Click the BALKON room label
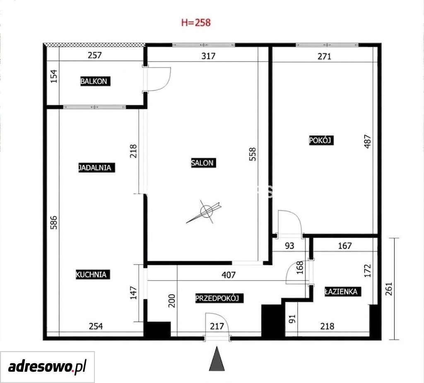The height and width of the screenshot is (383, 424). [x=96, y=81]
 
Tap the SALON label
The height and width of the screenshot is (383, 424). [x=203, y=163]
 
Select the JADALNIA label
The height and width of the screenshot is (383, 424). [x=96, y=167]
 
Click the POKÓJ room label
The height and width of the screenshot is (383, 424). [x=321, y=140]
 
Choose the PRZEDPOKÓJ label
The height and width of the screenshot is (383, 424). [x=219, y=298]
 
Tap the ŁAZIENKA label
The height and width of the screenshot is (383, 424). [x=342, y=291]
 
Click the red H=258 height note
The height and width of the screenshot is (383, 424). [x=196, y=22]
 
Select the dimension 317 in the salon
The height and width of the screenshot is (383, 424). [x=209, y=56]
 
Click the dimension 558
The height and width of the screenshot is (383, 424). [x=252, y=154]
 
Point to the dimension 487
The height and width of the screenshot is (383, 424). [x=368, y=141]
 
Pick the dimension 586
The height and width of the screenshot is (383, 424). [x=54, y=222]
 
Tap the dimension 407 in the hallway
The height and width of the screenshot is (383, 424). [x=229, y=275]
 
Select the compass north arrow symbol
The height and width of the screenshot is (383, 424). [x=205, y=212]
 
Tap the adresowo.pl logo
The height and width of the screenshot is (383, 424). [x=47, y=367]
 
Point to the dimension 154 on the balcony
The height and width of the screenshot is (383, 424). [x=54, y=76]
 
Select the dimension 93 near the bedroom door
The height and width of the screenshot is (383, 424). [x=289, y=246]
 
